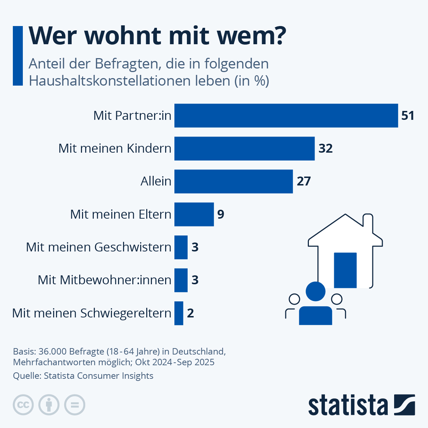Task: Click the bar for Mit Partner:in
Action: [286, 116]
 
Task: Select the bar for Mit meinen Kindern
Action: [244, 148]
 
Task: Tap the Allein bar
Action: [234, 181]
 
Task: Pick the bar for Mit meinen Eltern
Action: [194, 214]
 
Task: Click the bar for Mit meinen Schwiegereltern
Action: [179, 313]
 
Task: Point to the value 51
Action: [408, 116]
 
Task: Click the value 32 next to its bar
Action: [325, 148]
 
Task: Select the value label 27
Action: [304, 181]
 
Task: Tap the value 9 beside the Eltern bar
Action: [221, 214]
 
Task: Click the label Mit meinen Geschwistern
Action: [98, 247]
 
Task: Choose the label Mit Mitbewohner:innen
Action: [105, 280]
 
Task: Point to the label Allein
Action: [156, 181]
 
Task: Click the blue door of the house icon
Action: [345, 270]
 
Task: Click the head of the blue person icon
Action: [316, 291]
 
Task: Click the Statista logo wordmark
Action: [348, 405]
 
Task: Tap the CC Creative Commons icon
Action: [23, 405]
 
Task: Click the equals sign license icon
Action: [75, 405]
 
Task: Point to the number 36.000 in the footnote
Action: [52, 351]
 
